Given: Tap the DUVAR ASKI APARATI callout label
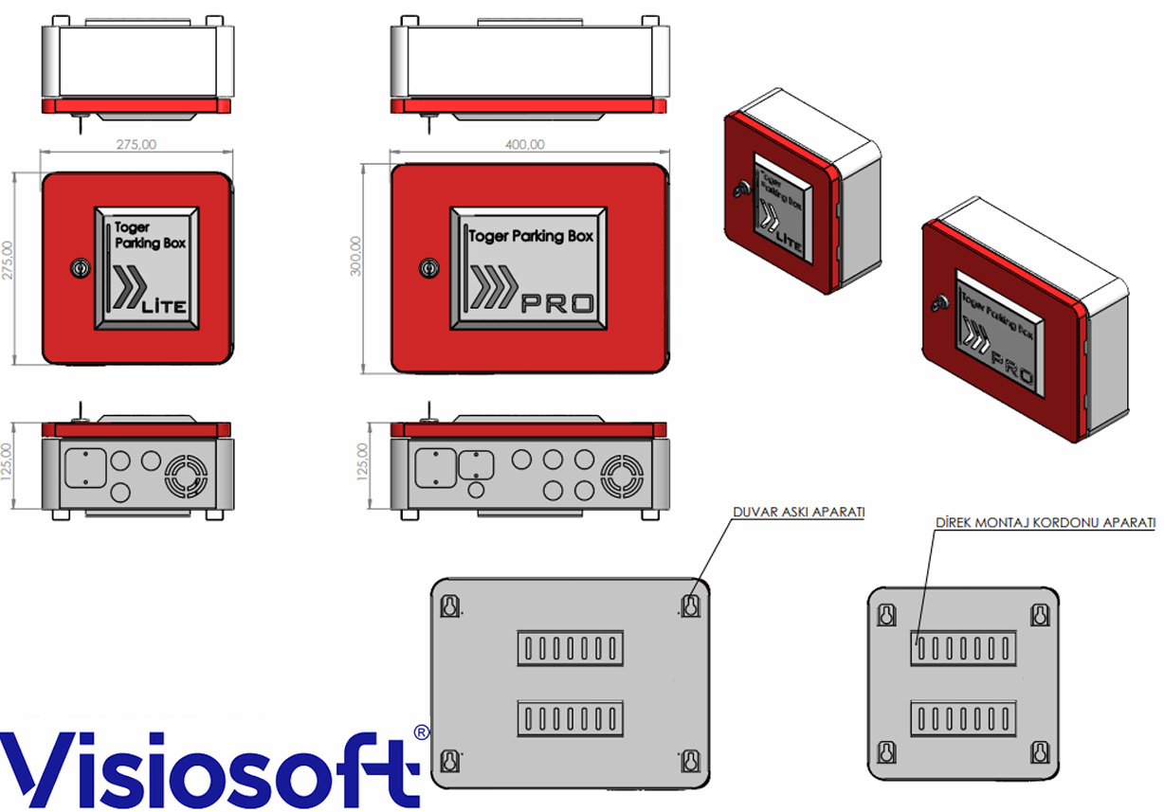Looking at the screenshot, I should point(799,512).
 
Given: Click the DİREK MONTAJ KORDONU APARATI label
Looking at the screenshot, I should point(1045,522).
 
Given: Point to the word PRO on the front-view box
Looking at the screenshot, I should point(559,303).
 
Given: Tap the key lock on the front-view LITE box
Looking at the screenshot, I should point(79,269).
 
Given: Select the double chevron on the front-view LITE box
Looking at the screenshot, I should point(126,289).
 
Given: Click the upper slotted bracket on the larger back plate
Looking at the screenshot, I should point(571,647).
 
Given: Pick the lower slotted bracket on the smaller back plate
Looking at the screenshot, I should point(963,720).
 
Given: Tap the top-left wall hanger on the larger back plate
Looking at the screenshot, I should point(451,604).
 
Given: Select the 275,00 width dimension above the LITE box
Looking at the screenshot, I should point(136,144).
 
